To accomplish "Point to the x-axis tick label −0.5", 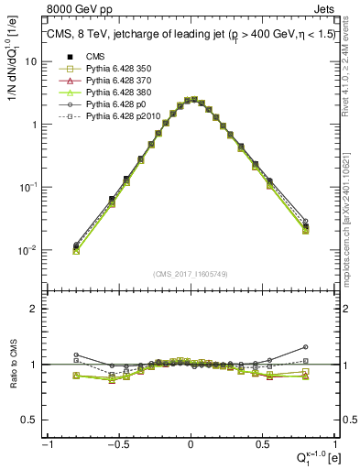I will [118, 443].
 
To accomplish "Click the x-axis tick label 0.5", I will [262, 443].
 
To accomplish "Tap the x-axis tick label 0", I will [191, 443].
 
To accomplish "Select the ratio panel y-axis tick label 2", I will [33, 309].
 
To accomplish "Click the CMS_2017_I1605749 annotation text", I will [191, 274].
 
